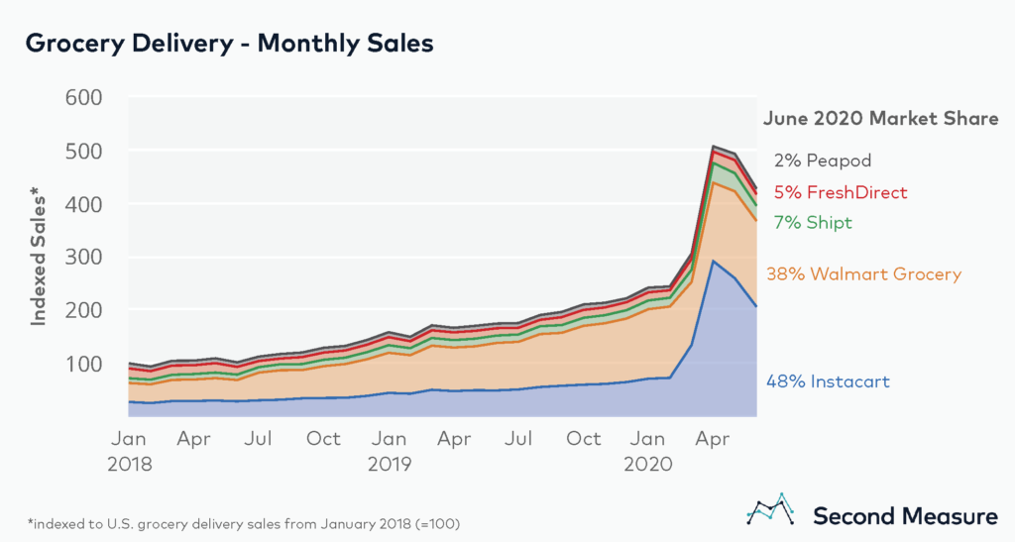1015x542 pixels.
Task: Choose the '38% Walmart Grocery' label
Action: point(863,274)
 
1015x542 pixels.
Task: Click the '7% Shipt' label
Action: point(813,223)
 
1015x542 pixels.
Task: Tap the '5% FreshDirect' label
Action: point(841,192)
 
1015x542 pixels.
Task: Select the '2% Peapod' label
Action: point(823,161)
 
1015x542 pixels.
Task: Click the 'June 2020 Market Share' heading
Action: point(880,119)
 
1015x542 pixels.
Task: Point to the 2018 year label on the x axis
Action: point(131,463)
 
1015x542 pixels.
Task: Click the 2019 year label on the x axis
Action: point(391,463)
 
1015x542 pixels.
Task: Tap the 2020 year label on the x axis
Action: point(650,463)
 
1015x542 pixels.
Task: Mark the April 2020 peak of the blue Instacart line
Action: point(714,262)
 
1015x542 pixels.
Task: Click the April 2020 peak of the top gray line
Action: point(714,147)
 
